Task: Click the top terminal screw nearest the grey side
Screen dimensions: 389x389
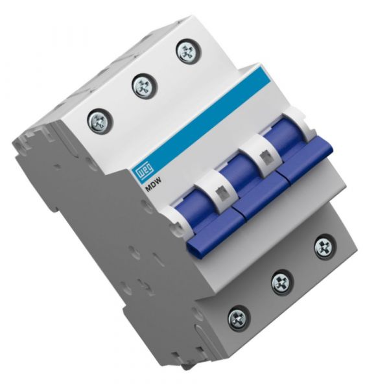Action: click(x=100, y=119)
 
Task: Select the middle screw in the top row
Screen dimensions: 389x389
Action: click(x=143, y=85)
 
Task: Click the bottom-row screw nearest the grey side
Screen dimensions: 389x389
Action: click(x=239, y=318)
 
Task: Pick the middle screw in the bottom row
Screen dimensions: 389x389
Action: click(x=281, y=282)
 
